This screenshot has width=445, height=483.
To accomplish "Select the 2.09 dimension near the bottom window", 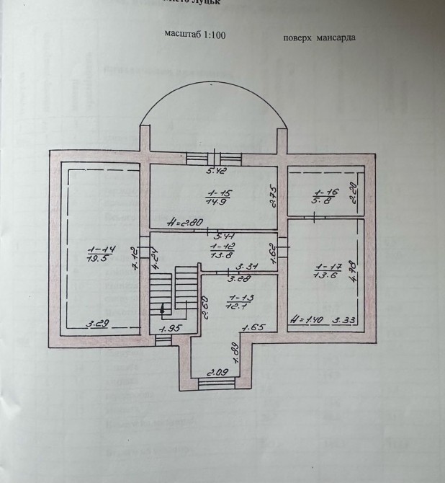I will point(218,373).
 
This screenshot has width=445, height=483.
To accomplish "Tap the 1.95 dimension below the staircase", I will point(170,329).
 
